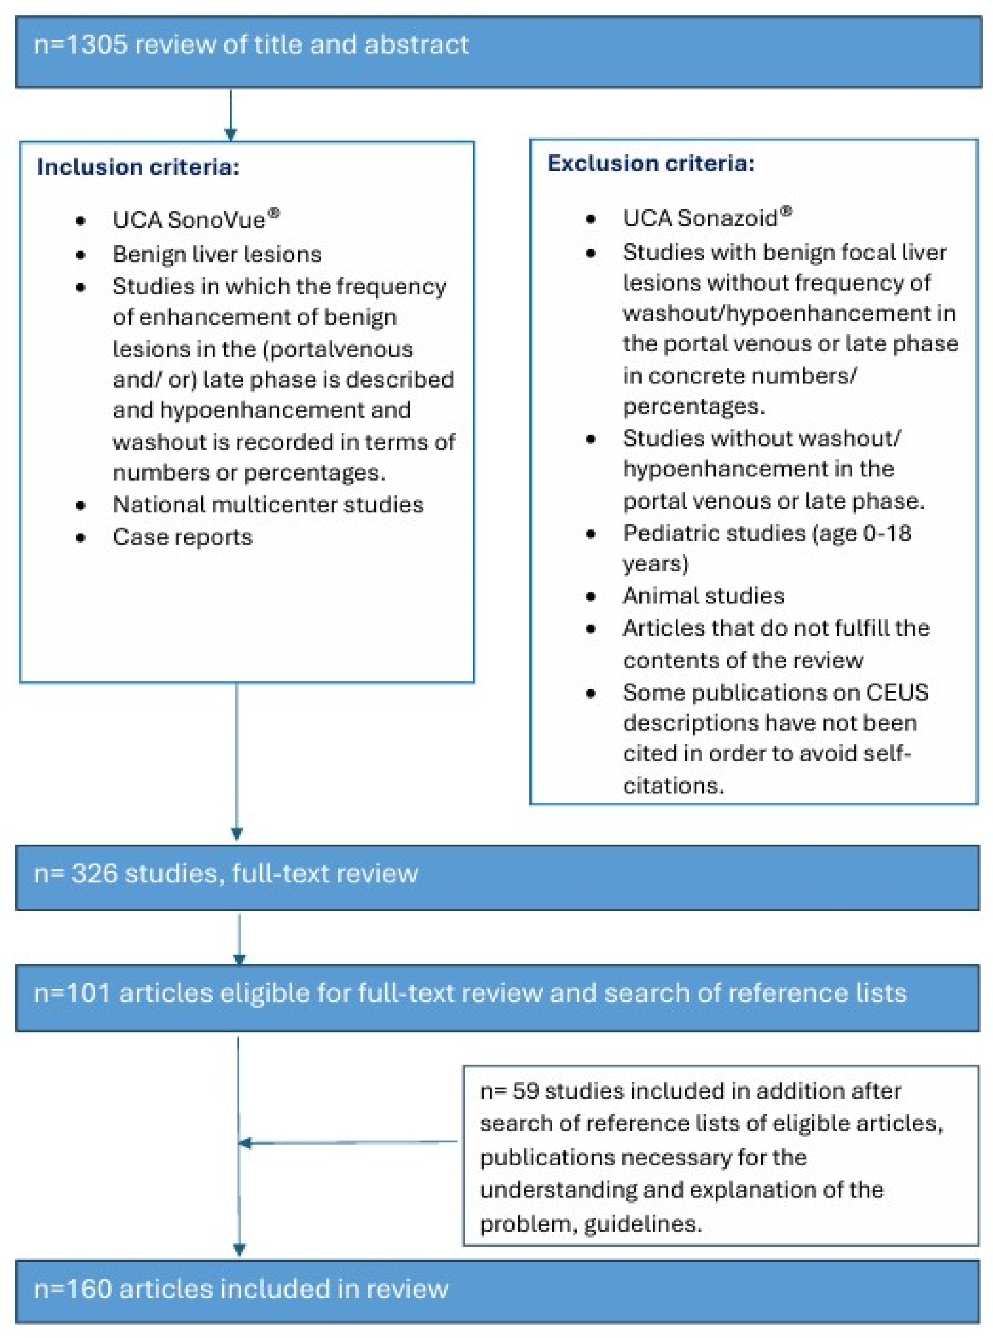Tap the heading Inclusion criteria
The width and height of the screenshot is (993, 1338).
[x=138, y=167]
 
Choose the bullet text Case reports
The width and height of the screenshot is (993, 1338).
[x=182, y=537]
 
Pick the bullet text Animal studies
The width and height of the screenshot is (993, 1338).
[x=703, y=596]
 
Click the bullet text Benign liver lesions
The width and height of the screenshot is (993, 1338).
[x=216, y=254]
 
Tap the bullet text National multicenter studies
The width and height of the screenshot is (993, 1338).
[x=267, y=504]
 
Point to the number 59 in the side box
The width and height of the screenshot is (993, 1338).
[x=525, y=1091]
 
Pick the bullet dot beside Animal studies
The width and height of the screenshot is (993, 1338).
[x=591, y=596]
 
